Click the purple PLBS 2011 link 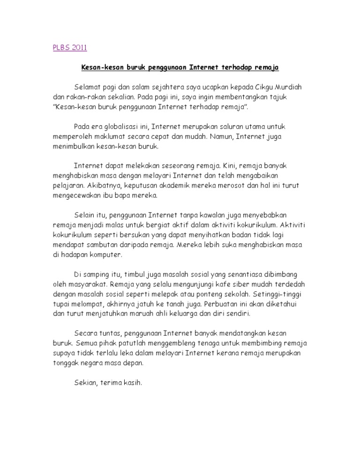pos(69,47)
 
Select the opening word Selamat pos(88,88)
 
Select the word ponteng pos(216,294)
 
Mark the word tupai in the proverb pos(61,304)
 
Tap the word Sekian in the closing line pos(85,383)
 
